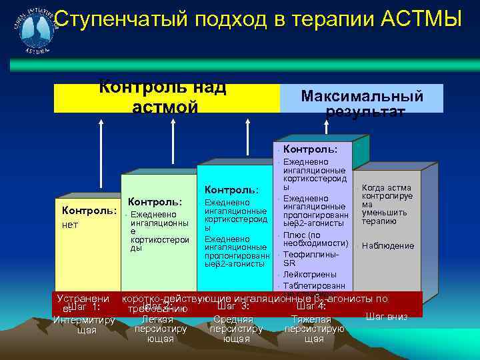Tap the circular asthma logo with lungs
tap(30, 30)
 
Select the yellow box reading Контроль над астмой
tap(163, 97)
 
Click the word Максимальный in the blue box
tap(362, 95)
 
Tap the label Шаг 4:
tap(311, 307)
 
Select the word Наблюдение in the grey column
tap(388, 245)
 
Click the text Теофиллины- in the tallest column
tap(311, 254)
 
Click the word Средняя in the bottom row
tap(233, 319)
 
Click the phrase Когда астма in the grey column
tap(387, 187)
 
